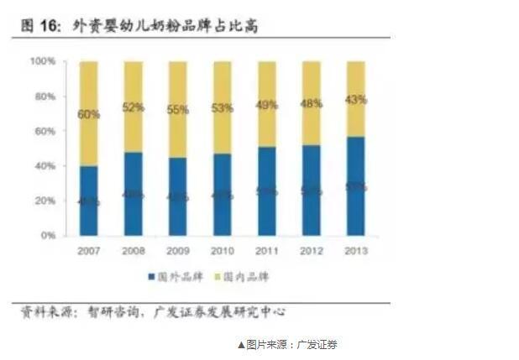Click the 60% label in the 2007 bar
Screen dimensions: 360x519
pyautogui.click(x=89, y=114)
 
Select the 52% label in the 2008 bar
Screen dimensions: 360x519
pyautogui.click(x=134, y=107)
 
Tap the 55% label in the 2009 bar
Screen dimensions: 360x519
pyautogui.click(x=178, y=110)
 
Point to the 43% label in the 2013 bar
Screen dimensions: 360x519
pyautogui.click(x=356, y=100)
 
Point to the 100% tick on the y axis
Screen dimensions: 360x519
pyautogui.click(x=43, y=62)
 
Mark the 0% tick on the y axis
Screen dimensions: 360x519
pyautogui.click(x=48, y=237)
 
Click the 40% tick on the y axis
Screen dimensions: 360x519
pyautogui.click(x=45, y=167)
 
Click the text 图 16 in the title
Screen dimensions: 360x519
pyautogui.click(x=40, y=27)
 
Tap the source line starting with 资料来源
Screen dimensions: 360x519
pyautogui.click(x=152, y=311)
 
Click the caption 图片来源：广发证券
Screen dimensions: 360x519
pyautogui.click(x=286, y=344)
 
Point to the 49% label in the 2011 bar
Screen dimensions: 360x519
pyautogui.click(x=267, y=105)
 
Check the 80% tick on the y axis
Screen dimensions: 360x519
pyautogui.click(x=45, y=97)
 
